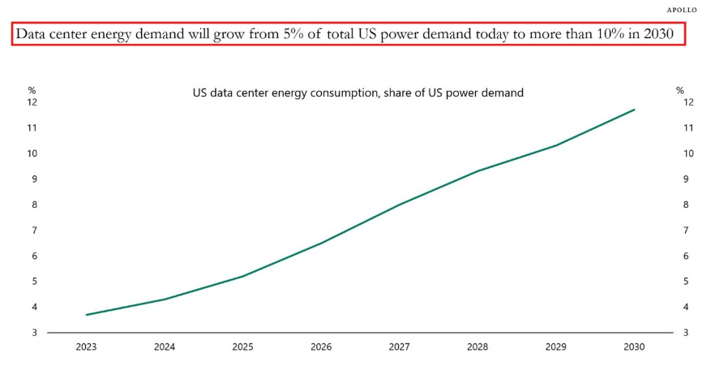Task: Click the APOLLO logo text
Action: click(x=681, y=10)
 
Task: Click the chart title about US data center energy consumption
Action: click(x=358, y=93)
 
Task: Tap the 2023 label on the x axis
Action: click(x=87, y=347)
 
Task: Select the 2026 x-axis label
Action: click(x=321, y=347)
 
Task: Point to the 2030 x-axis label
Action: click(x=634, y=347)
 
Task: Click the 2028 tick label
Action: click(x=478, y=347)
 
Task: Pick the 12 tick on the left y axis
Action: click(x=32, y=102)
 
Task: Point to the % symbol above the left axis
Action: click(x=32, y=90)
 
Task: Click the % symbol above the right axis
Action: click(x=680, y=90)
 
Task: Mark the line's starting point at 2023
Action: click(x=87, y=315)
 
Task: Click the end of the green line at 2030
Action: click(x=634, y=110)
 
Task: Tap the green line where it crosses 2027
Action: click(x=400, y=205)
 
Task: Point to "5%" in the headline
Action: click(x=294, y=34)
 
